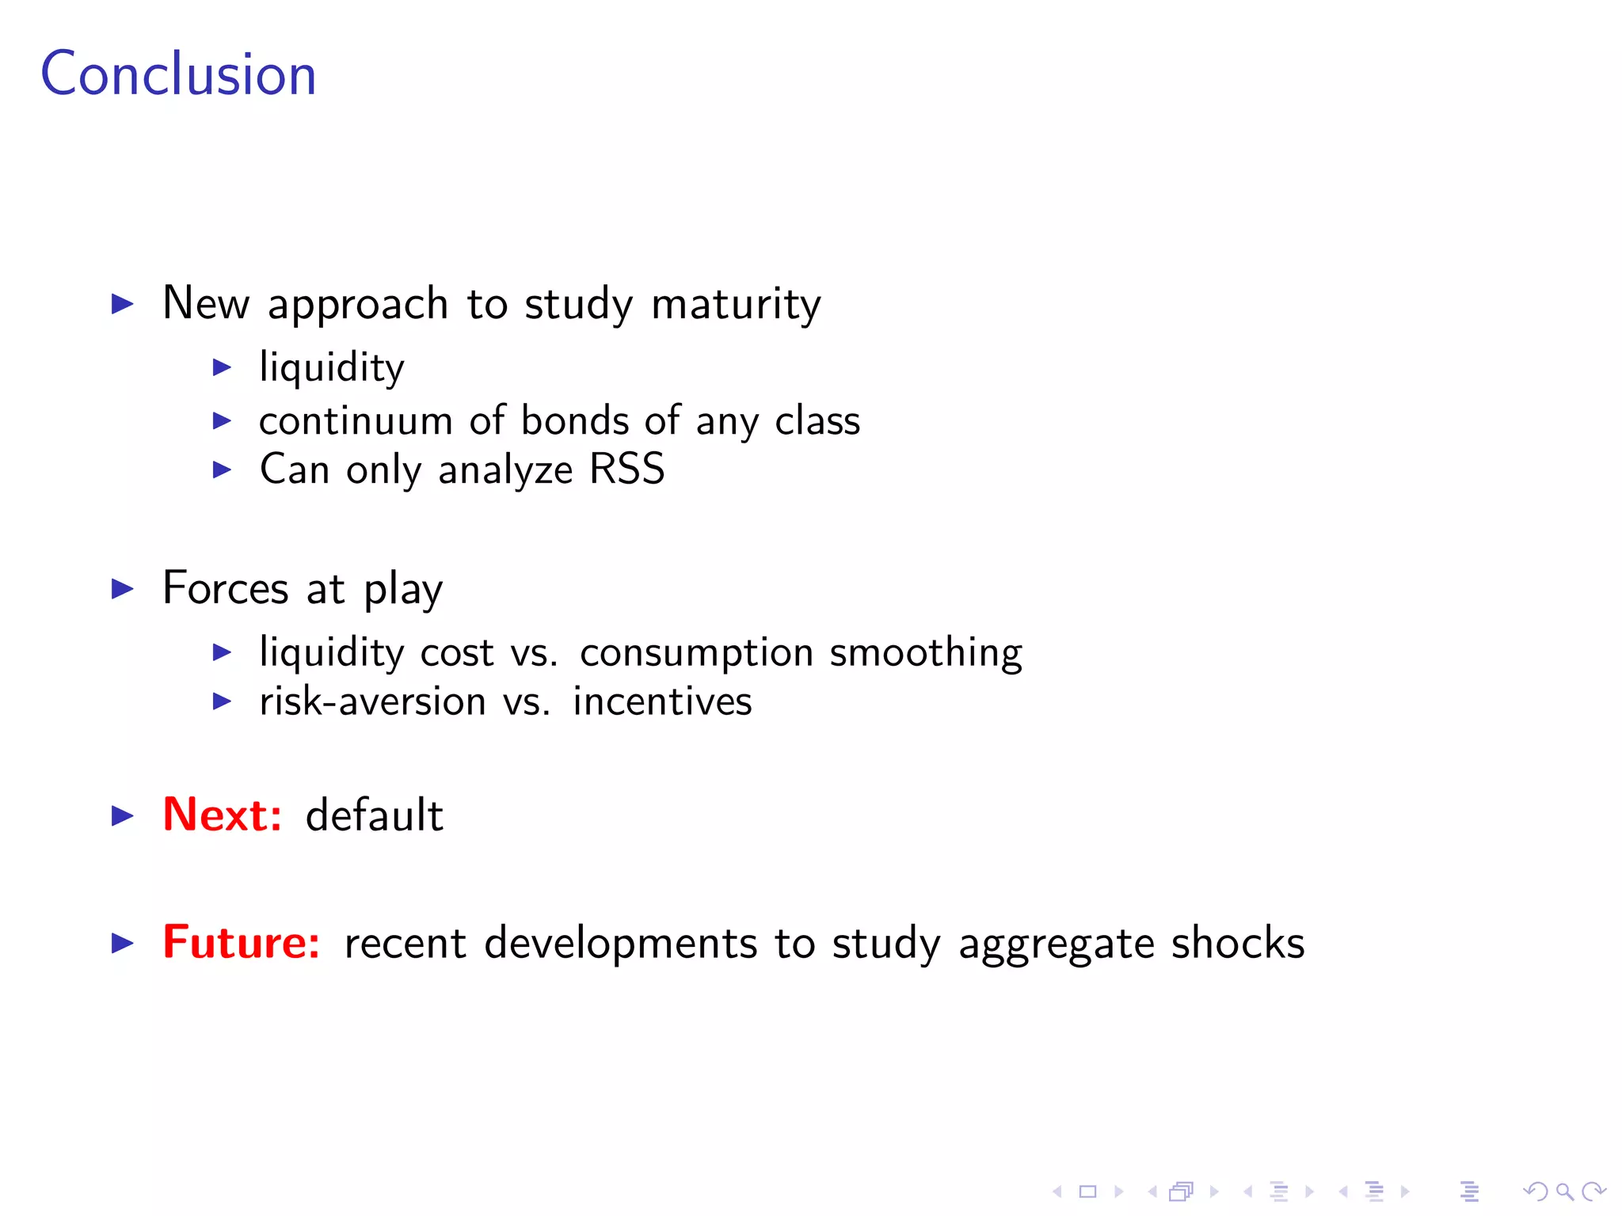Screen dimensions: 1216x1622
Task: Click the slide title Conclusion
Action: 178,74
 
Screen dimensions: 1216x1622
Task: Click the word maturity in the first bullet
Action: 736,304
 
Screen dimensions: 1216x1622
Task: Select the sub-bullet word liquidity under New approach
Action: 332,368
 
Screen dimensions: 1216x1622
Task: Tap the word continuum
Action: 356,420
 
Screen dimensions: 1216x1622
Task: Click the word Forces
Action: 226,589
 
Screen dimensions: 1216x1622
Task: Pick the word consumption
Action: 696,653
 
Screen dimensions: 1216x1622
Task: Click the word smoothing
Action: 925,653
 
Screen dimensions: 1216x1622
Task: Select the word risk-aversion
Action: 372,701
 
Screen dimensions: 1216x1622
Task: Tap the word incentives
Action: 662,701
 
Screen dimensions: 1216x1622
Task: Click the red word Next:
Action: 222,815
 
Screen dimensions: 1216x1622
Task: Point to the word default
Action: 374,815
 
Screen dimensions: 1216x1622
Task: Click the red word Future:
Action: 241,942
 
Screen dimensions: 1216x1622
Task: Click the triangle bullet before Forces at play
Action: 122,589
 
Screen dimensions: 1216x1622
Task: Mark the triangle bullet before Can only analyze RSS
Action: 222,470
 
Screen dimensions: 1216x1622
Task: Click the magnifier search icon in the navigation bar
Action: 1564,1191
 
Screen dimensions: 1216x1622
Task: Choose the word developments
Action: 620,944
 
